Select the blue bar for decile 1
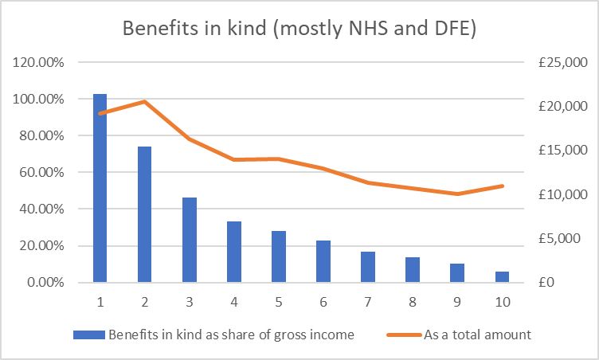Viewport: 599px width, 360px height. [100, 188]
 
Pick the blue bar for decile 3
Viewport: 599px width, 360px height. [190, 240]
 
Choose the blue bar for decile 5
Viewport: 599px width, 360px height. [279, 256]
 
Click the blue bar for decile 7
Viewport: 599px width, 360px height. [368, 267]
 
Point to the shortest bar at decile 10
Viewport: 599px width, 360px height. [502, 277]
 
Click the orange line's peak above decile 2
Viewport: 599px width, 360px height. [145, 101]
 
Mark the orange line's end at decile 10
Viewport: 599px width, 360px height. [502, 186]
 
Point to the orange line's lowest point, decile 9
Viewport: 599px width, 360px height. [457, 194]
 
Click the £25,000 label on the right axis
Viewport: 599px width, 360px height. [562, 62]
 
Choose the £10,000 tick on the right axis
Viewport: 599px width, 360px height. [562, 194]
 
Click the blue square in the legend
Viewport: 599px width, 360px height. [89, 335]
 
